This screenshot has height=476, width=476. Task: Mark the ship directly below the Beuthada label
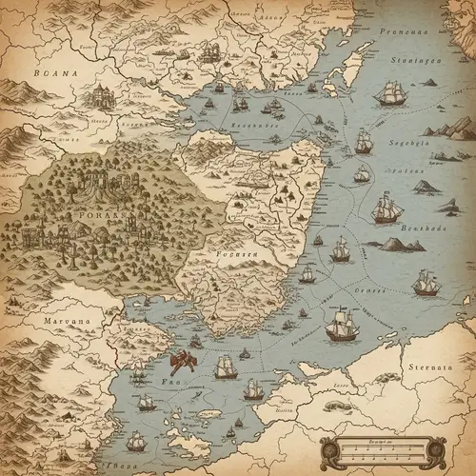[x=426, y=282]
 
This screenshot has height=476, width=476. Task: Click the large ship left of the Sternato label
[x=342, y=327]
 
